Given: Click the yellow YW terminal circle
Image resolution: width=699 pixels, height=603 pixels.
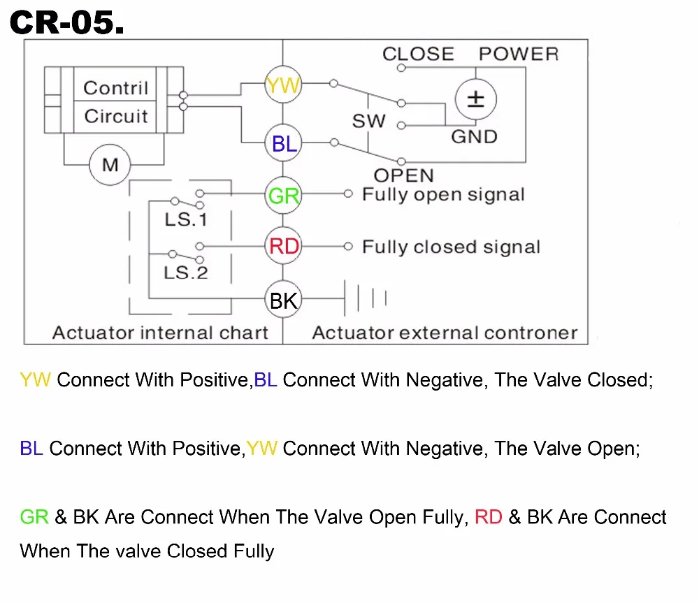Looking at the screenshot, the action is [283, 85].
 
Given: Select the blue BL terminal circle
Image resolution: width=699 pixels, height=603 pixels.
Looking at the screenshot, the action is [283, 143].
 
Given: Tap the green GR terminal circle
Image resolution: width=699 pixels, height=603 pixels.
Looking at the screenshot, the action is [283, 195].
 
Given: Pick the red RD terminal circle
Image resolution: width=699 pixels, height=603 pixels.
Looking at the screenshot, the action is [283, 245].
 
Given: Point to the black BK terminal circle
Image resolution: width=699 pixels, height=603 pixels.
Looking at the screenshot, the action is [283, 300].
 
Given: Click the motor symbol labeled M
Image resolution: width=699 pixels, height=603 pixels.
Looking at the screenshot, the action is [110, 164].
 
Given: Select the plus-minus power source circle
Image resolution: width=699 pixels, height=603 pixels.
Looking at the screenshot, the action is [475, 99].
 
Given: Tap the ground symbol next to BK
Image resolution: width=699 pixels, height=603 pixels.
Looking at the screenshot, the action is [366, 298].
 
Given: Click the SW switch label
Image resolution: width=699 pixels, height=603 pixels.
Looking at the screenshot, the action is [368, 121].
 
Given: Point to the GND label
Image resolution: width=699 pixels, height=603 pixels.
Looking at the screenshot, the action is [475, 137].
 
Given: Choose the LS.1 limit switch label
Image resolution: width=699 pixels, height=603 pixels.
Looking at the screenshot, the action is [186, 219].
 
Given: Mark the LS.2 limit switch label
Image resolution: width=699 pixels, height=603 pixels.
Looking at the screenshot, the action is [186, 273].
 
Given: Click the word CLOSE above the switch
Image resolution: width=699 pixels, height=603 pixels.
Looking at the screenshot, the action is [418, 54].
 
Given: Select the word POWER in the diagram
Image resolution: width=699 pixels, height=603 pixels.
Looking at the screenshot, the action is [519, 54].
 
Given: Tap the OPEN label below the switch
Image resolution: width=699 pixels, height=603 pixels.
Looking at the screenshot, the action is [403, 175].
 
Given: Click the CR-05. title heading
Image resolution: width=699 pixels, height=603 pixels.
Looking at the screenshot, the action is [67, 22].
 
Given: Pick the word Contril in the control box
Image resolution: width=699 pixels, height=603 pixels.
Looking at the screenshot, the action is [116, 88].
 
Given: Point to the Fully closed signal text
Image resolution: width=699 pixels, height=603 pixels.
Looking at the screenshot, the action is [451, 247].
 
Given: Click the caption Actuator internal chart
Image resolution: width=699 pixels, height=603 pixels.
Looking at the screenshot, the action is [161, 333].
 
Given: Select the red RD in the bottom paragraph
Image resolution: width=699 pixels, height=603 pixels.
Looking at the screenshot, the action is [488, 517].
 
